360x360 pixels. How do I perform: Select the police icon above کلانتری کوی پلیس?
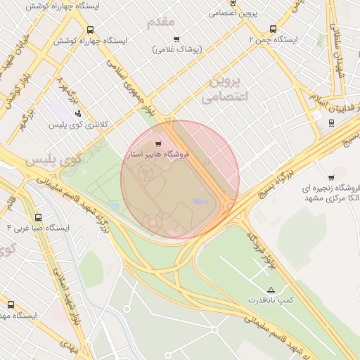click(x=77, y=112)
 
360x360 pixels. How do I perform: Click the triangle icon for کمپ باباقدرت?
click(x=271, y=290)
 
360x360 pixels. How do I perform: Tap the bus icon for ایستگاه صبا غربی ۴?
click(x=37, y=217)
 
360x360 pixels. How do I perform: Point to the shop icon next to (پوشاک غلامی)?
click(x=176, y=39)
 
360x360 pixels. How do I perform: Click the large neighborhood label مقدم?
click(x=160, y=22)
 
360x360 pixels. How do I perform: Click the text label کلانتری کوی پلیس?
click(x=77, y=124)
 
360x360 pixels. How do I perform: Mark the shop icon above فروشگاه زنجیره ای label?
click(x=330, y=177)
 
